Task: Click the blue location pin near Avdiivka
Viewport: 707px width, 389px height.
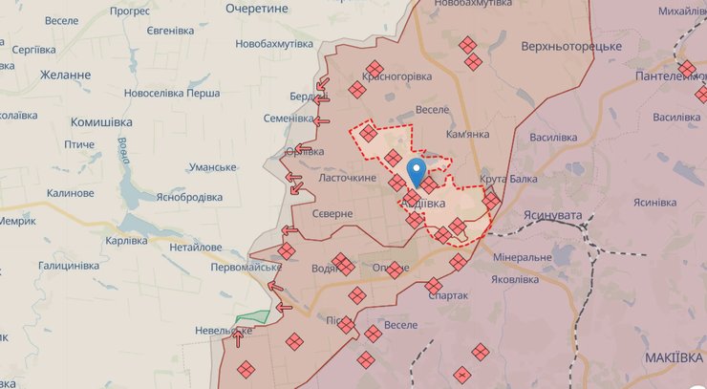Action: (417, 172)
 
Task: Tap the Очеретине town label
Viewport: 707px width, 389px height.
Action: (257, 8)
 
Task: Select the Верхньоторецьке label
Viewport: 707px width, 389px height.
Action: (571, 46)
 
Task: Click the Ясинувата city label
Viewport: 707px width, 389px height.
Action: (552, 216)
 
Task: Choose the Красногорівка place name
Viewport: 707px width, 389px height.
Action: (396, 76)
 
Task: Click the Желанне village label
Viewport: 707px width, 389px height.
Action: (66, 75)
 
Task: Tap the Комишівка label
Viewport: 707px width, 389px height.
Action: (101, 122)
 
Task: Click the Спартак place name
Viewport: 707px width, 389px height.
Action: (447, 296)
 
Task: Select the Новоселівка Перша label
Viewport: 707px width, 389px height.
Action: (172, 94)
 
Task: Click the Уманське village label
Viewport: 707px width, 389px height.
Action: (212, 167)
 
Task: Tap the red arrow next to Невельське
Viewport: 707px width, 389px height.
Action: (238, 335)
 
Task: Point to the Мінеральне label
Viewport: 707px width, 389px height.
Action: (523, 258)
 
